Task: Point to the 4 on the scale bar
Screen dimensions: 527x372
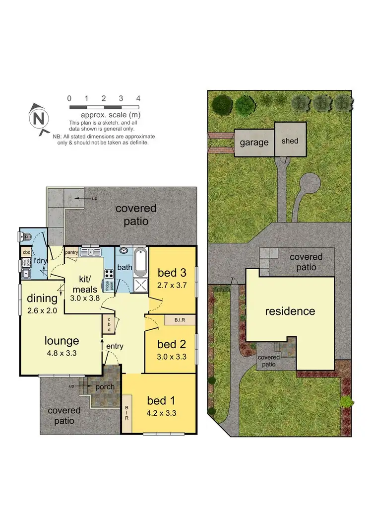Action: click(x=138, y=98)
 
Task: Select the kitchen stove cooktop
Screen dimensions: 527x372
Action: click(x=109, y=273)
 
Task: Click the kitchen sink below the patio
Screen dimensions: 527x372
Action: click(x=91, y=252)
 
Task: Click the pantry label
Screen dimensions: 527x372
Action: click(x=72, y=252)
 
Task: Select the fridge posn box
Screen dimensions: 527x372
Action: click(x=107, y=286)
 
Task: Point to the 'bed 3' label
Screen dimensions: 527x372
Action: click(x=172, y=273)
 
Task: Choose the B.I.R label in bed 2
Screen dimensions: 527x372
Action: click(x=180, y=320)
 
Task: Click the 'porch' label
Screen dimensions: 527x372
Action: click(x=105, y=386)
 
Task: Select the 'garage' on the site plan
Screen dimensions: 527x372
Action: click(x=254, y=143)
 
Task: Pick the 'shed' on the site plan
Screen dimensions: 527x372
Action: click(x=290, y=141)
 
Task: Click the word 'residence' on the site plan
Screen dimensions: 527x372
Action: click(x=290, y=311)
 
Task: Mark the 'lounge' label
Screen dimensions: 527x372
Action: click(x=62, y=341)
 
